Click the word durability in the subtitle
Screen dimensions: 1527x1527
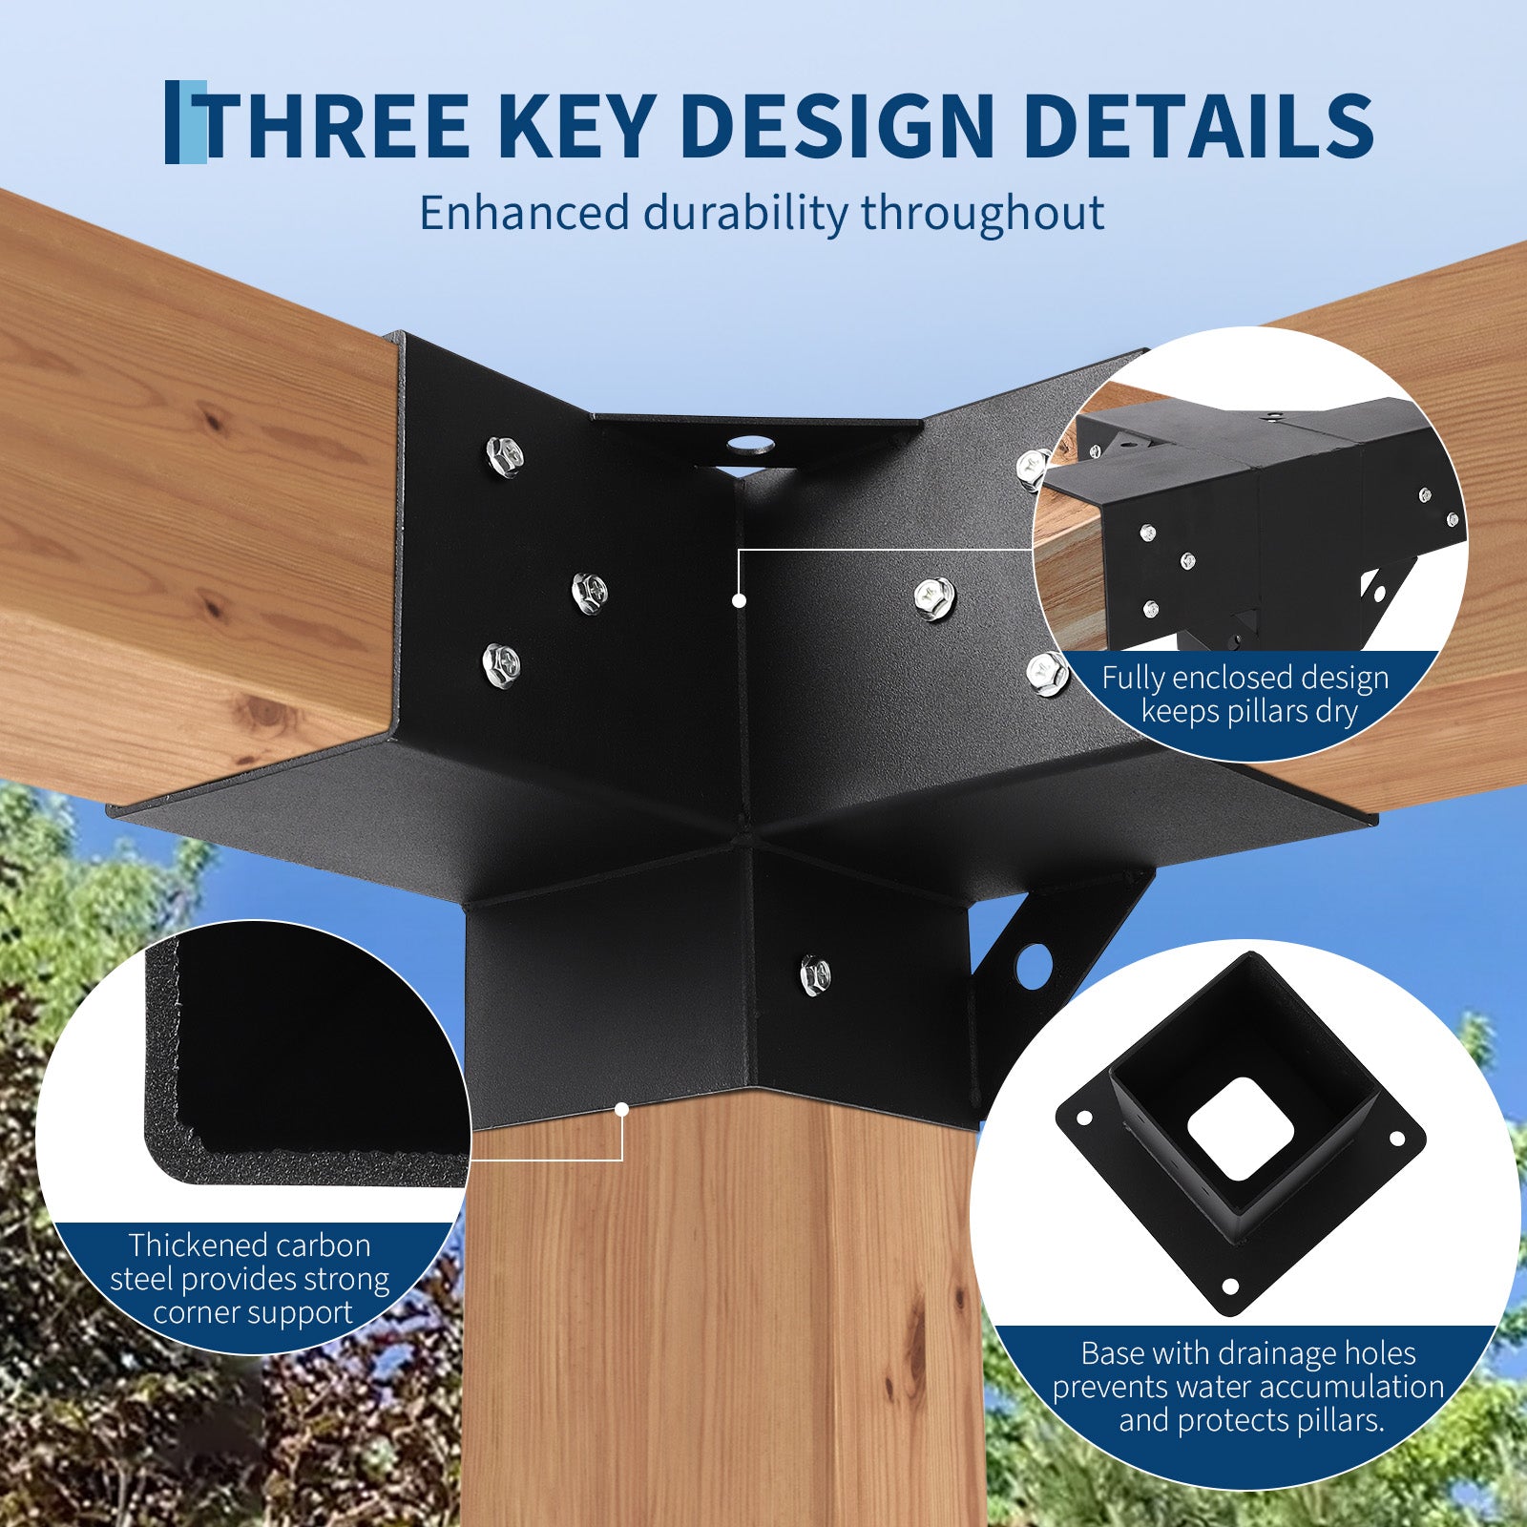(x=743, y=213)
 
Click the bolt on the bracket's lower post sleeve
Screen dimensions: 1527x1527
(x=814, y=975)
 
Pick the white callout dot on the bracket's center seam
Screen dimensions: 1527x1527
(x=739, y=600)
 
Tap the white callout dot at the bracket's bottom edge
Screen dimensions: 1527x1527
(x=621, y=1109)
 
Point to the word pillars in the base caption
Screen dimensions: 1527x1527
(x=1337, y=1420)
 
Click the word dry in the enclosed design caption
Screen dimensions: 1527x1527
(x=1335, y=713)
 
